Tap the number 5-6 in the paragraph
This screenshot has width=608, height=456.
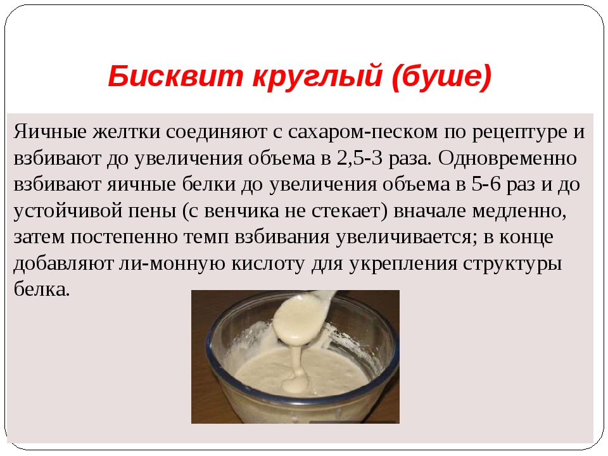tap(488, 184)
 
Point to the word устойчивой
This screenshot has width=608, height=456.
tap(66, 210)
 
